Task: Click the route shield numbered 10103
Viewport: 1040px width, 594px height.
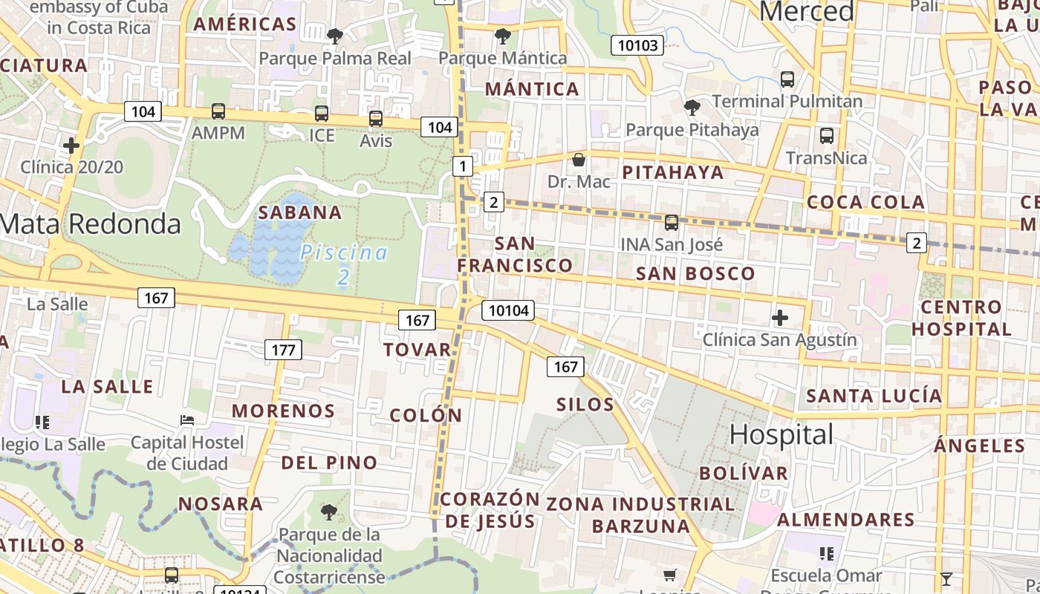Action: tap(638, 45)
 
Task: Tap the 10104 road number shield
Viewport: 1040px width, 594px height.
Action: tap(509, 310)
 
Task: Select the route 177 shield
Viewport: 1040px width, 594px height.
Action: tap(283, 350)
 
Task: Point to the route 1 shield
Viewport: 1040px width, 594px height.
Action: tap(463, 166)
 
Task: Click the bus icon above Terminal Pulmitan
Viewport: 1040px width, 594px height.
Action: tap(787, 79)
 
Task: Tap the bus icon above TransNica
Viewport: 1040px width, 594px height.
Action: tap(826, 136)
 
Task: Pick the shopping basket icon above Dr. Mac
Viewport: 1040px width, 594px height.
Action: tap(578, 160)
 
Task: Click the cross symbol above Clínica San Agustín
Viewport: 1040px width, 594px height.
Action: tap(779, 319)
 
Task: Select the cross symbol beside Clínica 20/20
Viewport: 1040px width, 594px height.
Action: tap(71, 145)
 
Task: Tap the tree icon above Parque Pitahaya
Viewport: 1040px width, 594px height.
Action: tap(692, 108)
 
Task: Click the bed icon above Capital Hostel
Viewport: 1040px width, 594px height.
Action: tap(187, 420)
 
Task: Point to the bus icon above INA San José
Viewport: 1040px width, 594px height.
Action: tap(671, 222)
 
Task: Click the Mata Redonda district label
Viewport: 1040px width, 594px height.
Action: tap(91, 223)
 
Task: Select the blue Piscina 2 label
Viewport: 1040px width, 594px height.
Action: tap(344, 264)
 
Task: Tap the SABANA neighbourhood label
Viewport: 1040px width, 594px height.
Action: tap(300, 213)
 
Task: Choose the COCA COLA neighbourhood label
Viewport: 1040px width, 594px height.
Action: tap(865, 202)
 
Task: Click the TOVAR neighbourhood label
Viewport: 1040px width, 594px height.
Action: tap(417, 350)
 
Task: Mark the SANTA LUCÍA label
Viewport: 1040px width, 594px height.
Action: tap(874, 396)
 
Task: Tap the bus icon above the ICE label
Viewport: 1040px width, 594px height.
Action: tap(321, 114)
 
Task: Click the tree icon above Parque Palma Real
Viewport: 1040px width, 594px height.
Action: tap(335, 36)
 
